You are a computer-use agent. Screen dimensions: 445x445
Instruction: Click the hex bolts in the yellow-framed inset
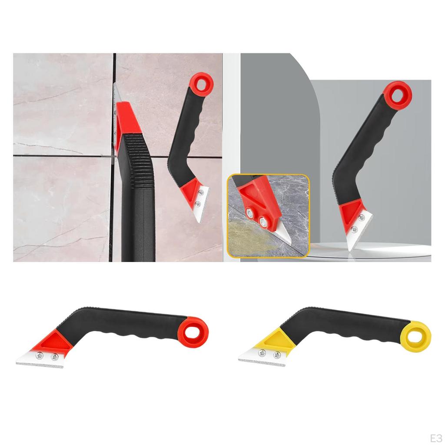pyautogui.click(x=257, y=217)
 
